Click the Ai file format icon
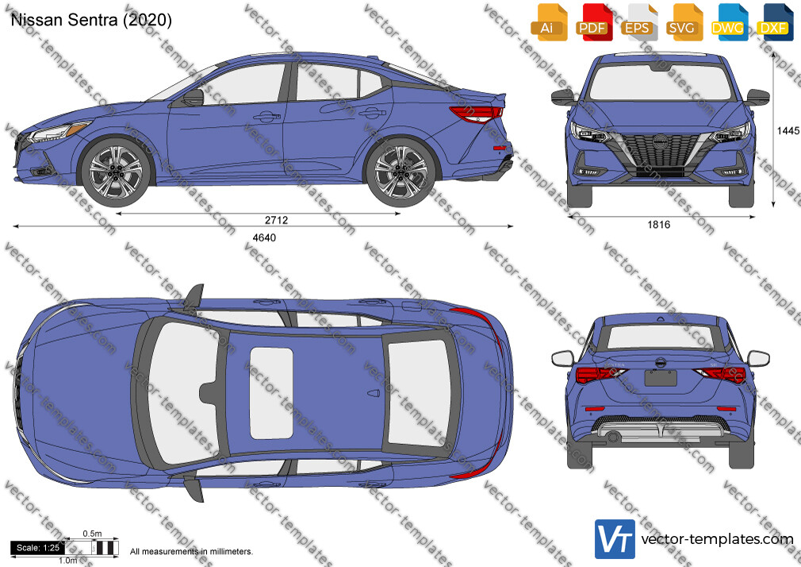[x=549, y=21]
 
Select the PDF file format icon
[x=594, y=21]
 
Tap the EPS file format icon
[x=638, y=21]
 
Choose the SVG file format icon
[x=684, y=21]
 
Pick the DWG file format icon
[x=729, y=21]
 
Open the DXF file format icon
[x=775, y=21]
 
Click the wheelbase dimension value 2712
[x=276, y=220]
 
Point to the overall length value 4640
[x=264, y=237]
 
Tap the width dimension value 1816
[x=658, y=225]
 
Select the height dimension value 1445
[x=788, y=131]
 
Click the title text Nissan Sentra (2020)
[x=91, y=20]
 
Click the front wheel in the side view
[x=116, y=172]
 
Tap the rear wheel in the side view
[x=400, y=172]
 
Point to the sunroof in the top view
[x=271, y=393]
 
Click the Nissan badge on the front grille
[x=661, y=142]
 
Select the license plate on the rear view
[x=661, y=378]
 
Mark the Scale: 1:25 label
[x=38, y=548]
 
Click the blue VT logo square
[x=615, y=539]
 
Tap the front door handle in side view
[x=266, y=118]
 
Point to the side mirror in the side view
[x=194, y=97]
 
